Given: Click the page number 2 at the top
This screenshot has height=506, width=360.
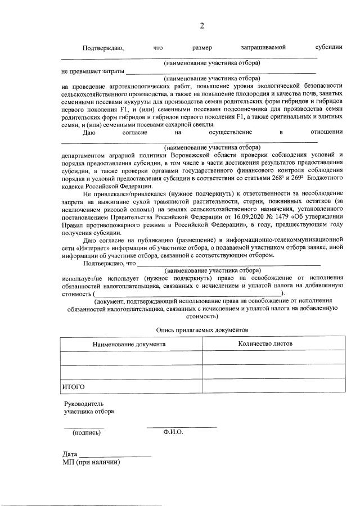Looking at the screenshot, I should [x=201, y=26].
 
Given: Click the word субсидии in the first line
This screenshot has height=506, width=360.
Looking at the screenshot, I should [x=329, y=48].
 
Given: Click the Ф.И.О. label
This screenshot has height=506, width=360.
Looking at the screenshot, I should [x=173, y=432].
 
